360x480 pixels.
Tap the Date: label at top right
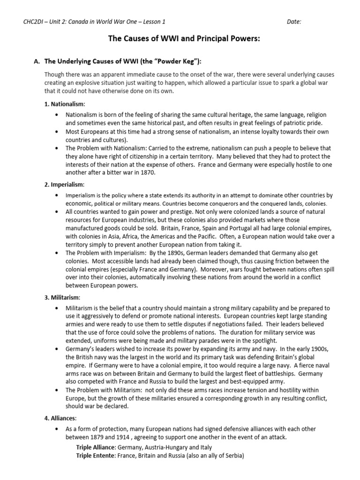294,22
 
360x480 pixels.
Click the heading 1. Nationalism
66,104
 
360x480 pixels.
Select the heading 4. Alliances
61,418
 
